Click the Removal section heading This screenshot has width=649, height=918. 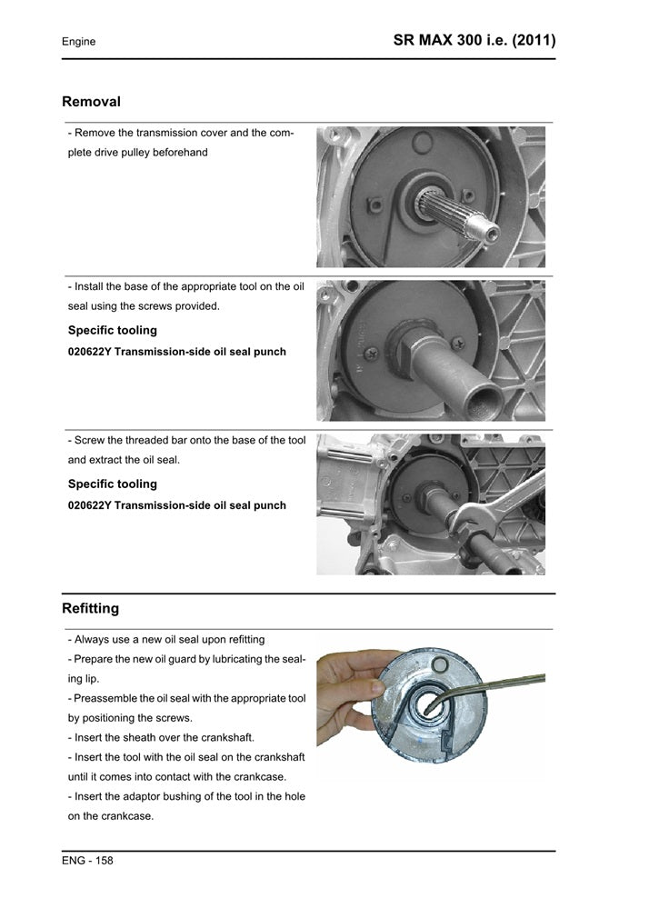[91, 102]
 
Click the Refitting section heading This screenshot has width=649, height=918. [90, 607]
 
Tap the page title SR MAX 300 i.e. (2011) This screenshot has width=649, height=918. [474, 41]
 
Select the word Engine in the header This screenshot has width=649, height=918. [78, 42]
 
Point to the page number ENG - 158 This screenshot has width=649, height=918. [87, 860]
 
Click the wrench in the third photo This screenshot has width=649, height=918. [491, 509]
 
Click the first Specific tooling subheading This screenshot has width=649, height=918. [112, 330]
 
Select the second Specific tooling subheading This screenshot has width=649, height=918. [112, 484]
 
